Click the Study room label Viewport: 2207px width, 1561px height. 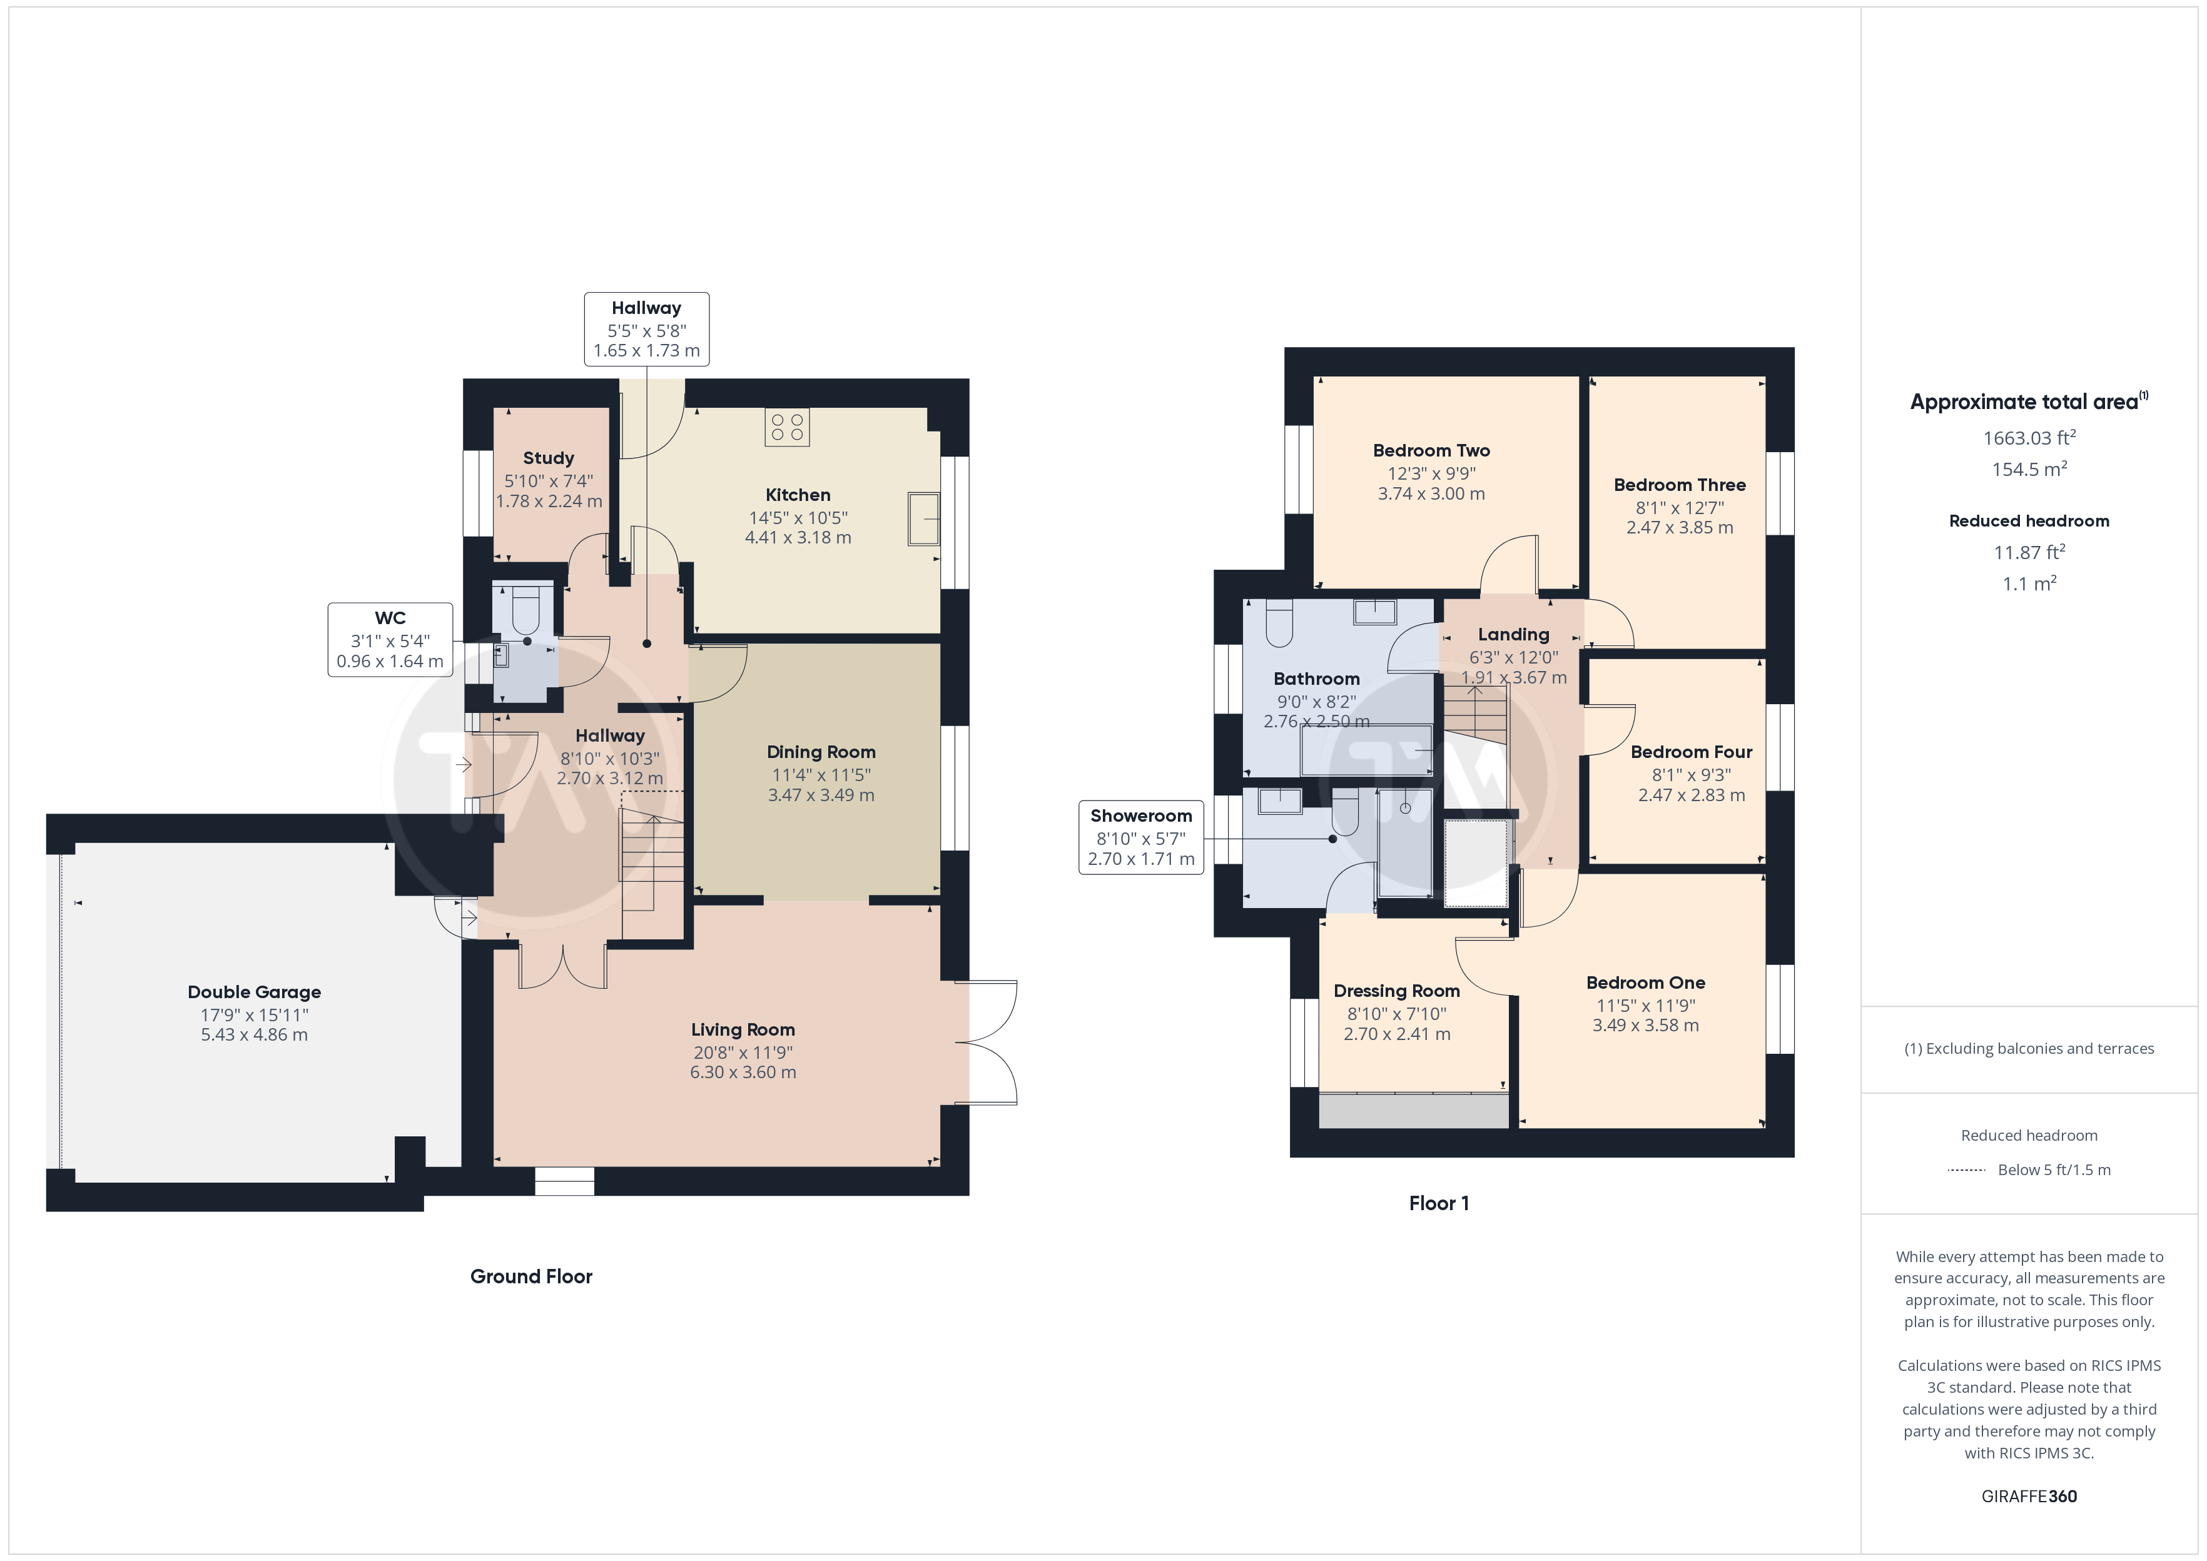click(548, 458)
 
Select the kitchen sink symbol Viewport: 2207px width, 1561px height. click(924, 519)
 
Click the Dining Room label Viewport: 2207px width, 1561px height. click(821, 752)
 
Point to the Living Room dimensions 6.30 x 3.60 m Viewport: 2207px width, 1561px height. click(743, 1072)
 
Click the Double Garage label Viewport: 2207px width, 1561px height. click(255, 992)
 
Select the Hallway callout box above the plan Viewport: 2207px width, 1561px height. click(647, 330)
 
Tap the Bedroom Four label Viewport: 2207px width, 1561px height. click(1692, 752)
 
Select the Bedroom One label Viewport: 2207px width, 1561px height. click(1646, 983)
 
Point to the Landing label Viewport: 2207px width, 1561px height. click(1514, 634)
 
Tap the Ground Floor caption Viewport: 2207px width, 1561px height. click(532, 1276)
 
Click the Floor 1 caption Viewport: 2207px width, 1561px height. click(1439, 1203)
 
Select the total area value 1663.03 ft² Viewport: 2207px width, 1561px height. click(2029, 438)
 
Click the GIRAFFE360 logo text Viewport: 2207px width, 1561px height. click(2029, 1497)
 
